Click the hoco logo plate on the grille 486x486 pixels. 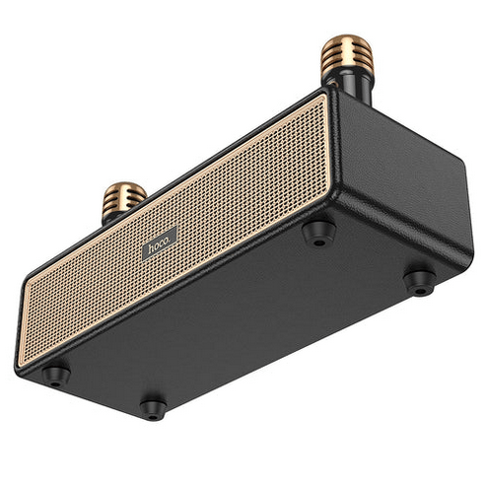[160, 243]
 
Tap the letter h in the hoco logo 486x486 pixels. [151, 248]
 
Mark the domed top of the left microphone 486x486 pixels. [125, 184]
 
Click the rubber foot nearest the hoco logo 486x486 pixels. [317, 232]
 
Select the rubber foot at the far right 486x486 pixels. [419, 281]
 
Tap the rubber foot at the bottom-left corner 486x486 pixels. [55, 374]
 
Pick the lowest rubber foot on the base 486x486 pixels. [152, 405]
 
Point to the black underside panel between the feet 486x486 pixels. [246, 315]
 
